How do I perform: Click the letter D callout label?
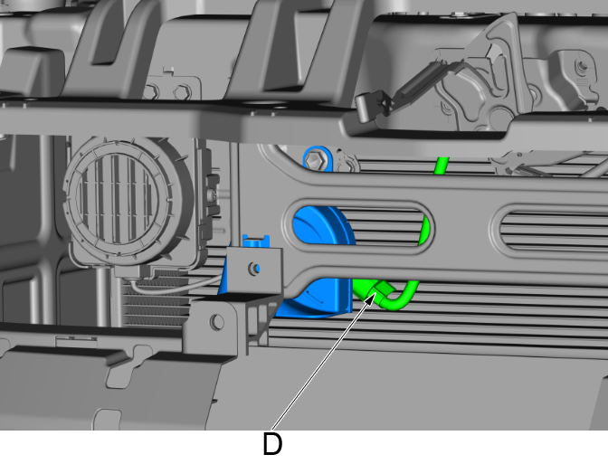(272, 444)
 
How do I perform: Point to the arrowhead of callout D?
(371, 298)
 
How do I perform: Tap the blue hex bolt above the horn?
(312, 160)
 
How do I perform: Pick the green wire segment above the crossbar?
(442, 166)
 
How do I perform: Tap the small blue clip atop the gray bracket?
(255, 241)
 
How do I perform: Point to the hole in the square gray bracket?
(255, 269)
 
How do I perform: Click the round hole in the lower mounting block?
(217, 323)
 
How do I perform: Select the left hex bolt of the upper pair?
(151, 92)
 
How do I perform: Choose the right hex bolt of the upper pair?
(182, 92)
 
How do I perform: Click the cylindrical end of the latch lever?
(366, 109)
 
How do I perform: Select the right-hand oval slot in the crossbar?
(550, 231)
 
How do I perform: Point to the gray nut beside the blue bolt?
(347, 164)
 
